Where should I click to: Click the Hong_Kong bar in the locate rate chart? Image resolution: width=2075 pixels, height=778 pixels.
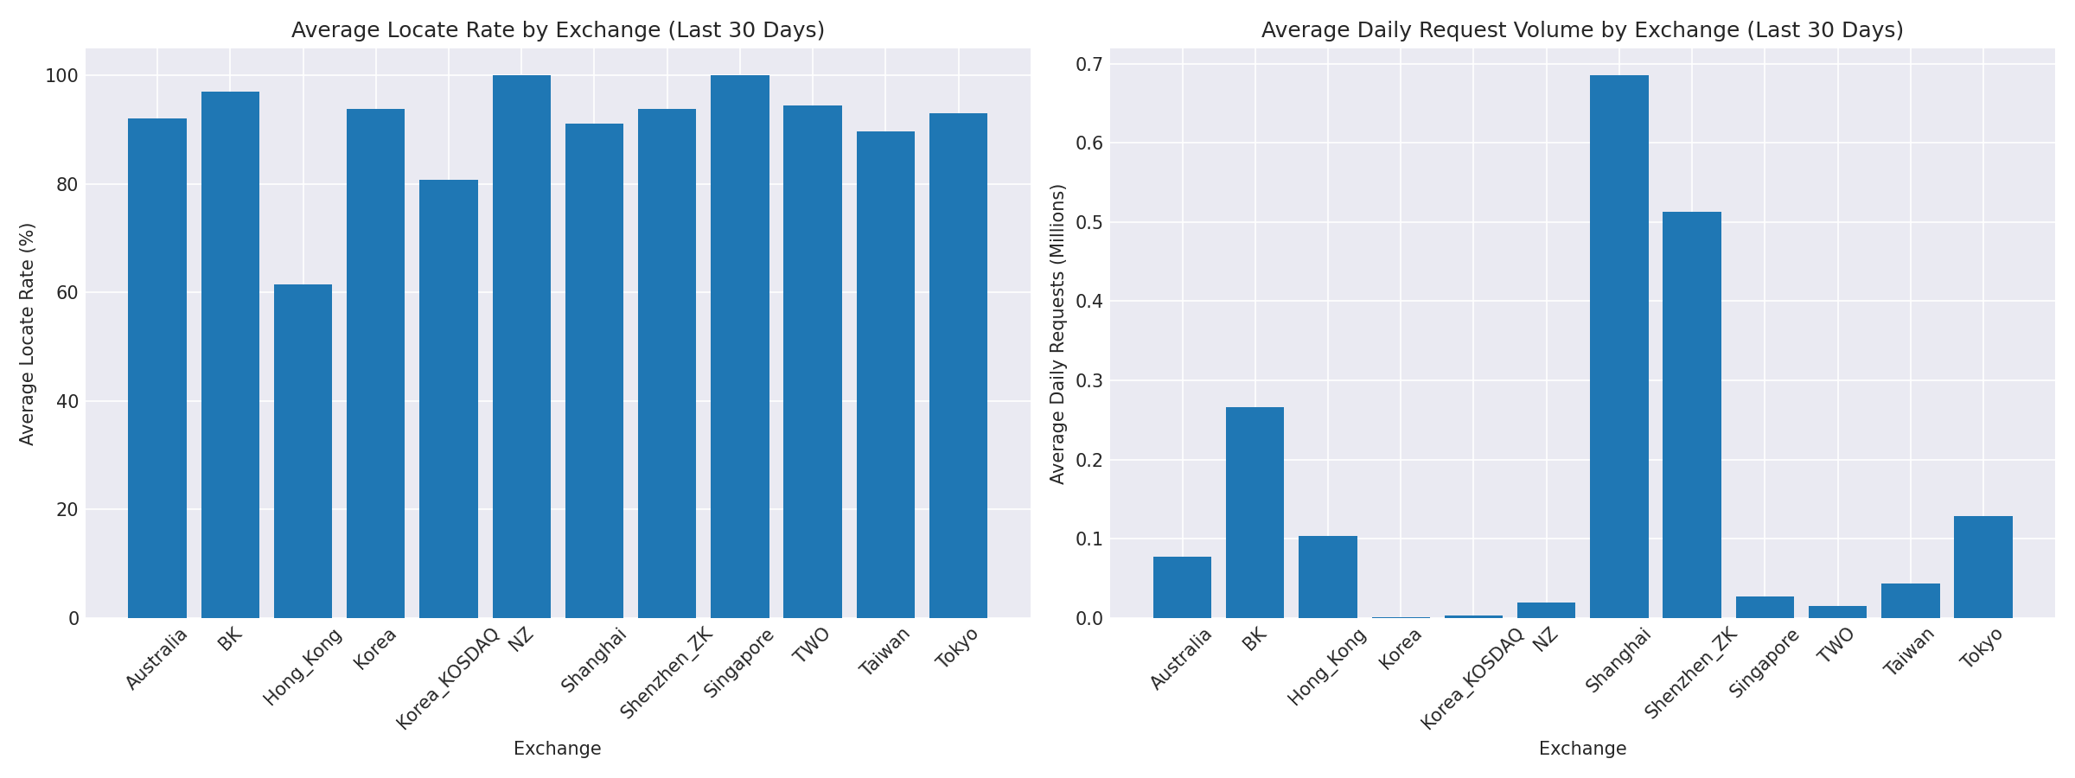[303, 451]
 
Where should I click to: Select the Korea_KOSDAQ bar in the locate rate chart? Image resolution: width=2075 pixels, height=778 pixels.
[449, 399]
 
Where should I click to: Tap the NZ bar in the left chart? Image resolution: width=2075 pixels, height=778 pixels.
[521, 347]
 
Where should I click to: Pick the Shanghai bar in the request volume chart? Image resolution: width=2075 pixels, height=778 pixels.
[1618, 347]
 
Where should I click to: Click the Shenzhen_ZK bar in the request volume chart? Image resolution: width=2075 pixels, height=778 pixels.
[1692, 415]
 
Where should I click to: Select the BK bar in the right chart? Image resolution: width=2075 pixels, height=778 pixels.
[1255, 513]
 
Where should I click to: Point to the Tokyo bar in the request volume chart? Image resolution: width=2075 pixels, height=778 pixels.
[1983, 567]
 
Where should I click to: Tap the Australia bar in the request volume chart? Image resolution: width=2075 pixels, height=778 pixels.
[1182, 587]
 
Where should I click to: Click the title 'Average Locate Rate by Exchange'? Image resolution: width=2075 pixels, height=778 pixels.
[558, 30]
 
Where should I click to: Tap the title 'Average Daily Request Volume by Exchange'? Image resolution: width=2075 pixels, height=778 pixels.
[1582, 30]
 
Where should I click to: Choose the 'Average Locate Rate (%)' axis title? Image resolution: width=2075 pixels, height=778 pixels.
[27, 334]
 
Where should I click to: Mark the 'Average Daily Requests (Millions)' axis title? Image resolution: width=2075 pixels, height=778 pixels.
[1057, 334]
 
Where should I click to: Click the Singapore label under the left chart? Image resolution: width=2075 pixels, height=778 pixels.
[739, 663]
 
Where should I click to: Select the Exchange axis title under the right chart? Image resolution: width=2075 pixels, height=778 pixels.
[1582, 749]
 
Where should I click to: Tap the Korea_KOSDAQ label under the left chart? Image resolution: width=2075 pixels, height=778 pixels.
[448, 679]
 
